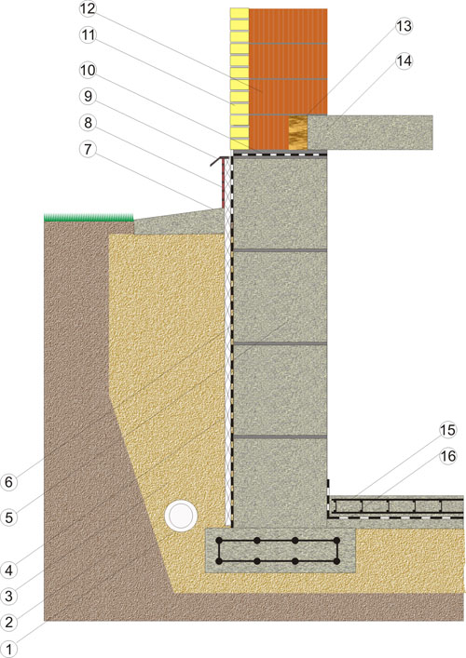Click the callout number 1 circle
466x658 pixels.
point(8,650)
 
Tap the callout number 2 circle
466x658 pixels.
point(8,622)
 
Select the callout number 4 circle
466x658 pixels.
point(8,570)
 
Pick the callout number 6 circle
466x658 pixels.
point(8,482)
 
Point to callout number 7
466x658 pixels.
point(88,149)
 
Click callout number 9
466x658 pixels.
point(88,96)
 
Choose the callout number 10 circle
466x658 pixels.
point(88,70)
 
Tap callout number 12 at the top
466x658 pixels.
point(88,8)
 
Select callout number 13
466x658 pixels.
point(404,26)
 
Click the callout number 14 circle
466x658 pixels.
point(404,61)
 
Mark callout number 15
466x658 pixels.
point(447,430)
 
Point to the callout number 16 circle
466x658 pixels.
point(447,456)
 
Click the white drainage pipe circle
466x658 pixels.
point(181,516)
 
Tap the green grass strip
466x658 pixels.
point(89,218)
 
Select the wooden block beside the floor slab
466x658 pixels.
point(298,132)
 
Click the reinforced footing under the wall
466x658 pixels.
point(281,551)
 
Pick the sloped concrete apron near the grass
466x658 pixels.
point(179,222)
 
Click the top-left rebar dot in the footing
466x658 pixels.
point(219,541)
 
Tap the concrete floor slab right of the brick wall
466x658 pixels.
point(370,132)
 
